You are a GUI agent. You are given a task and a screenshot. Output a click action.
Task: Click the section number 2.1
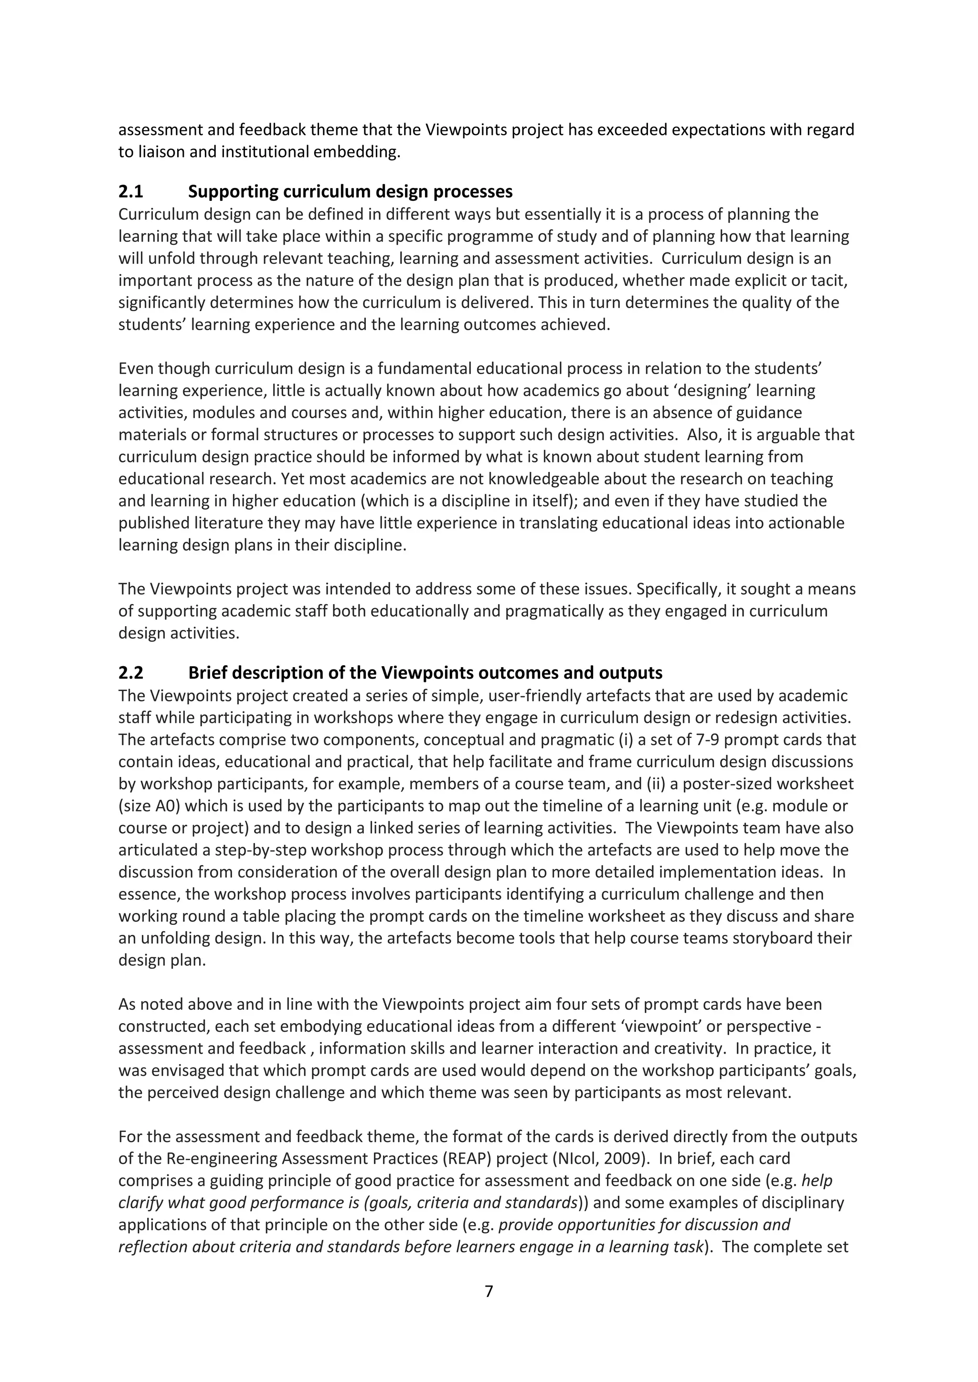131,192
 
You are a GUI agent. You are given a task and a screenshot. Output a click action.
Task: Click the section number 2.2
131,672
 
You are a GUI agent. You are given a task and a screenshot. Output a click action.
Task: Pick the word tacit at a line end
832,281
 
